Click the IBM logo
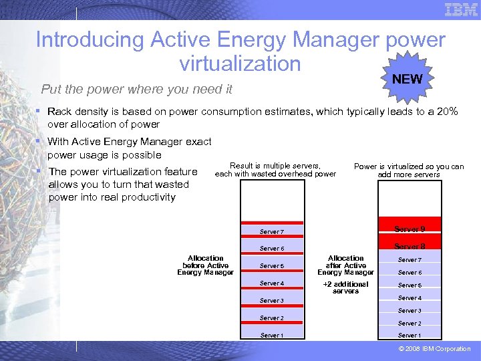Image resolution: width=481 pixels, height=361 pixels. [x=461, y=9]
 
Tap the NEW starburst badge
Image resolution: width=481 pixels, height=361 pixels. [x=407, y=79]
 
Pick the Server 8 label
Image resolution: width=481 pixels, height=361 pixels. [x=410, y=246]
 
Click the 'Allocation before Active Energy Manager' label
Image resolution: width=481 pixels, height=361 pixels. [x=205, y=265]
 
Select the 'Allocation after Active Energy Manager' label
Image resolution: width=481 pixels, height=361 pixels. [x=345, y=265]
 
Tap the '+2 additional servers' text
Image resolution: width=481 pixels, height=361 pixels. [x=345, y=287]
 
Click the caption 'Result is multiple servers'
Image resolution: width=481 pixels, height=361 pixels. [x=275, y=166]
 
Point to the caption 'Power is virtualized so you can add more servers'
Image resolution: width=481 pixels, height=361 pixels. [x=408, y=170]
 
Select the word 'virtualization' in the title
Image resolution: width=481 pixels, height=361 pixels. [x=240, y=63]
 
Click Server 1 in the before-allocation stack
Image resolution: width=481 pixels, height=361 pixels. [x=271, y=335]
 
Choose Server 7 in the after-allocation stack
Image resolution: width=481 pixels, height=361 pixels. [x=410, y=259]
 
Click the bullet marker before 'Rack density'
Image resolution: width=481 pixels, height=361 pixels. [x=39, y=112]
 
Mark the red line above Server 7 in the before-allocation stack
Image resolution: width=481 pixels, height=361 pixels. [x=273, y=223]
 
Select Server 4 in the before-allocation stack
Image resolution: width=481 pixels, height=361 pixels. [x=271, y=283]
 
